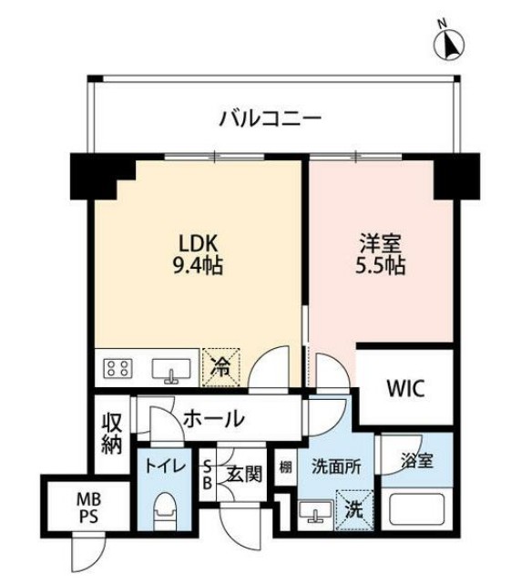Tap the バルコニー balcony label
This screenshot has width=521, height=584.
click(270, 118)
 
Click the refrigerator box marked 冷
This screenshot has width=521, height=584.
click(221, 367)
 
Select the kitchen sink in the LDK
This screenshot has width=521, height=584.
click(170, 370)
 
